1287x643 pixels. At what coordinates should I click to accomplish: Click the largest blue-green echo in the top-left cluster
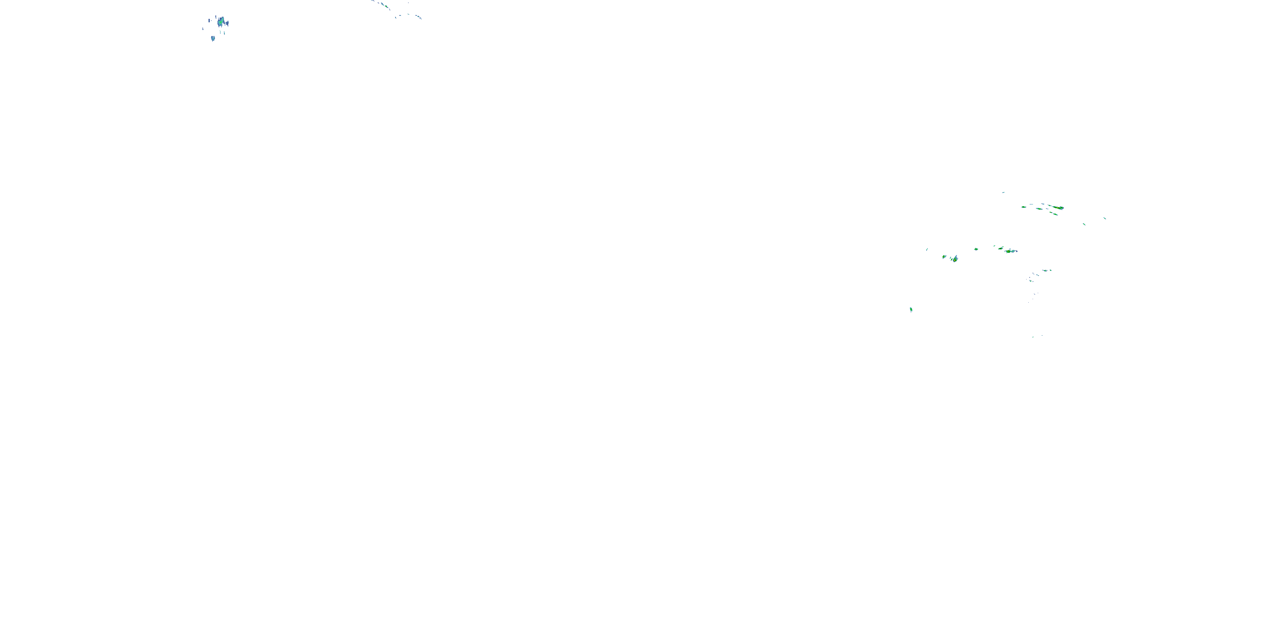pos(221,22)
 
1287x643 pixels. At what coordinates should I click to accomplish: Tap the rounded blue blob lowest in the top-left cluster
pos(213,38)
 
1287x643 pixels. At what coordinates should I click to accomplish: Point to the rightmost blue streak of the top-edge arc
pos(418,17)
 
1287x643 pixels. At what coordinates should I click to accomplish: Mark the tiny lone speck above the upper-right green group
pos(1003,192)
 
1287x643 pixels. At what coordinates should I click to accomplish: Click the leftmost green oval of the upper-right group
pos(1024,207)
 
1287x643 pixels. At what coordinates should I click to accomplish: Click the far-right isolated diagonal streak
pos(1105,218)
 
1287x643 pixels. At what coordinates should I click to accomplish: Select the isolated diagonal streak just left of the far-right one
pos(1084,224)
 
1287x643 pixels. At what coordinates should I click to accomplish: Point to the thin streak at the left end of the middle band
pos(927,249)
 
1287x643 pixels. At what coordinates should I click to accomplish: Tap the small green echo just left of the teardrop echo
pos(944,257)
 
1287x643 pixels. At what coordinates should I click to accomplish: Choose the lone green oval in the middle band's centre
pos(976,249)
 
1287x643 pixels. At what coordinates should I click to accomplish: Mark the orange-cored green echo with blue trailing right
pos(1010,251)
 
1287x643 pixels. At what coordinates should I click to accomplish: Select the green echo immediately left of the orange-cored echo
pos(1001,248)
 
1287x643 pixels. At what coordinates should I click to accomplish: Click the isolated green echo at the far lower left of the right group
pos(911,309)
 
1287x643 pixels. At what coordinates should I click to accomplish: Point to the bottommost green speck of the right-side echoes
pos(1033,337)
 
